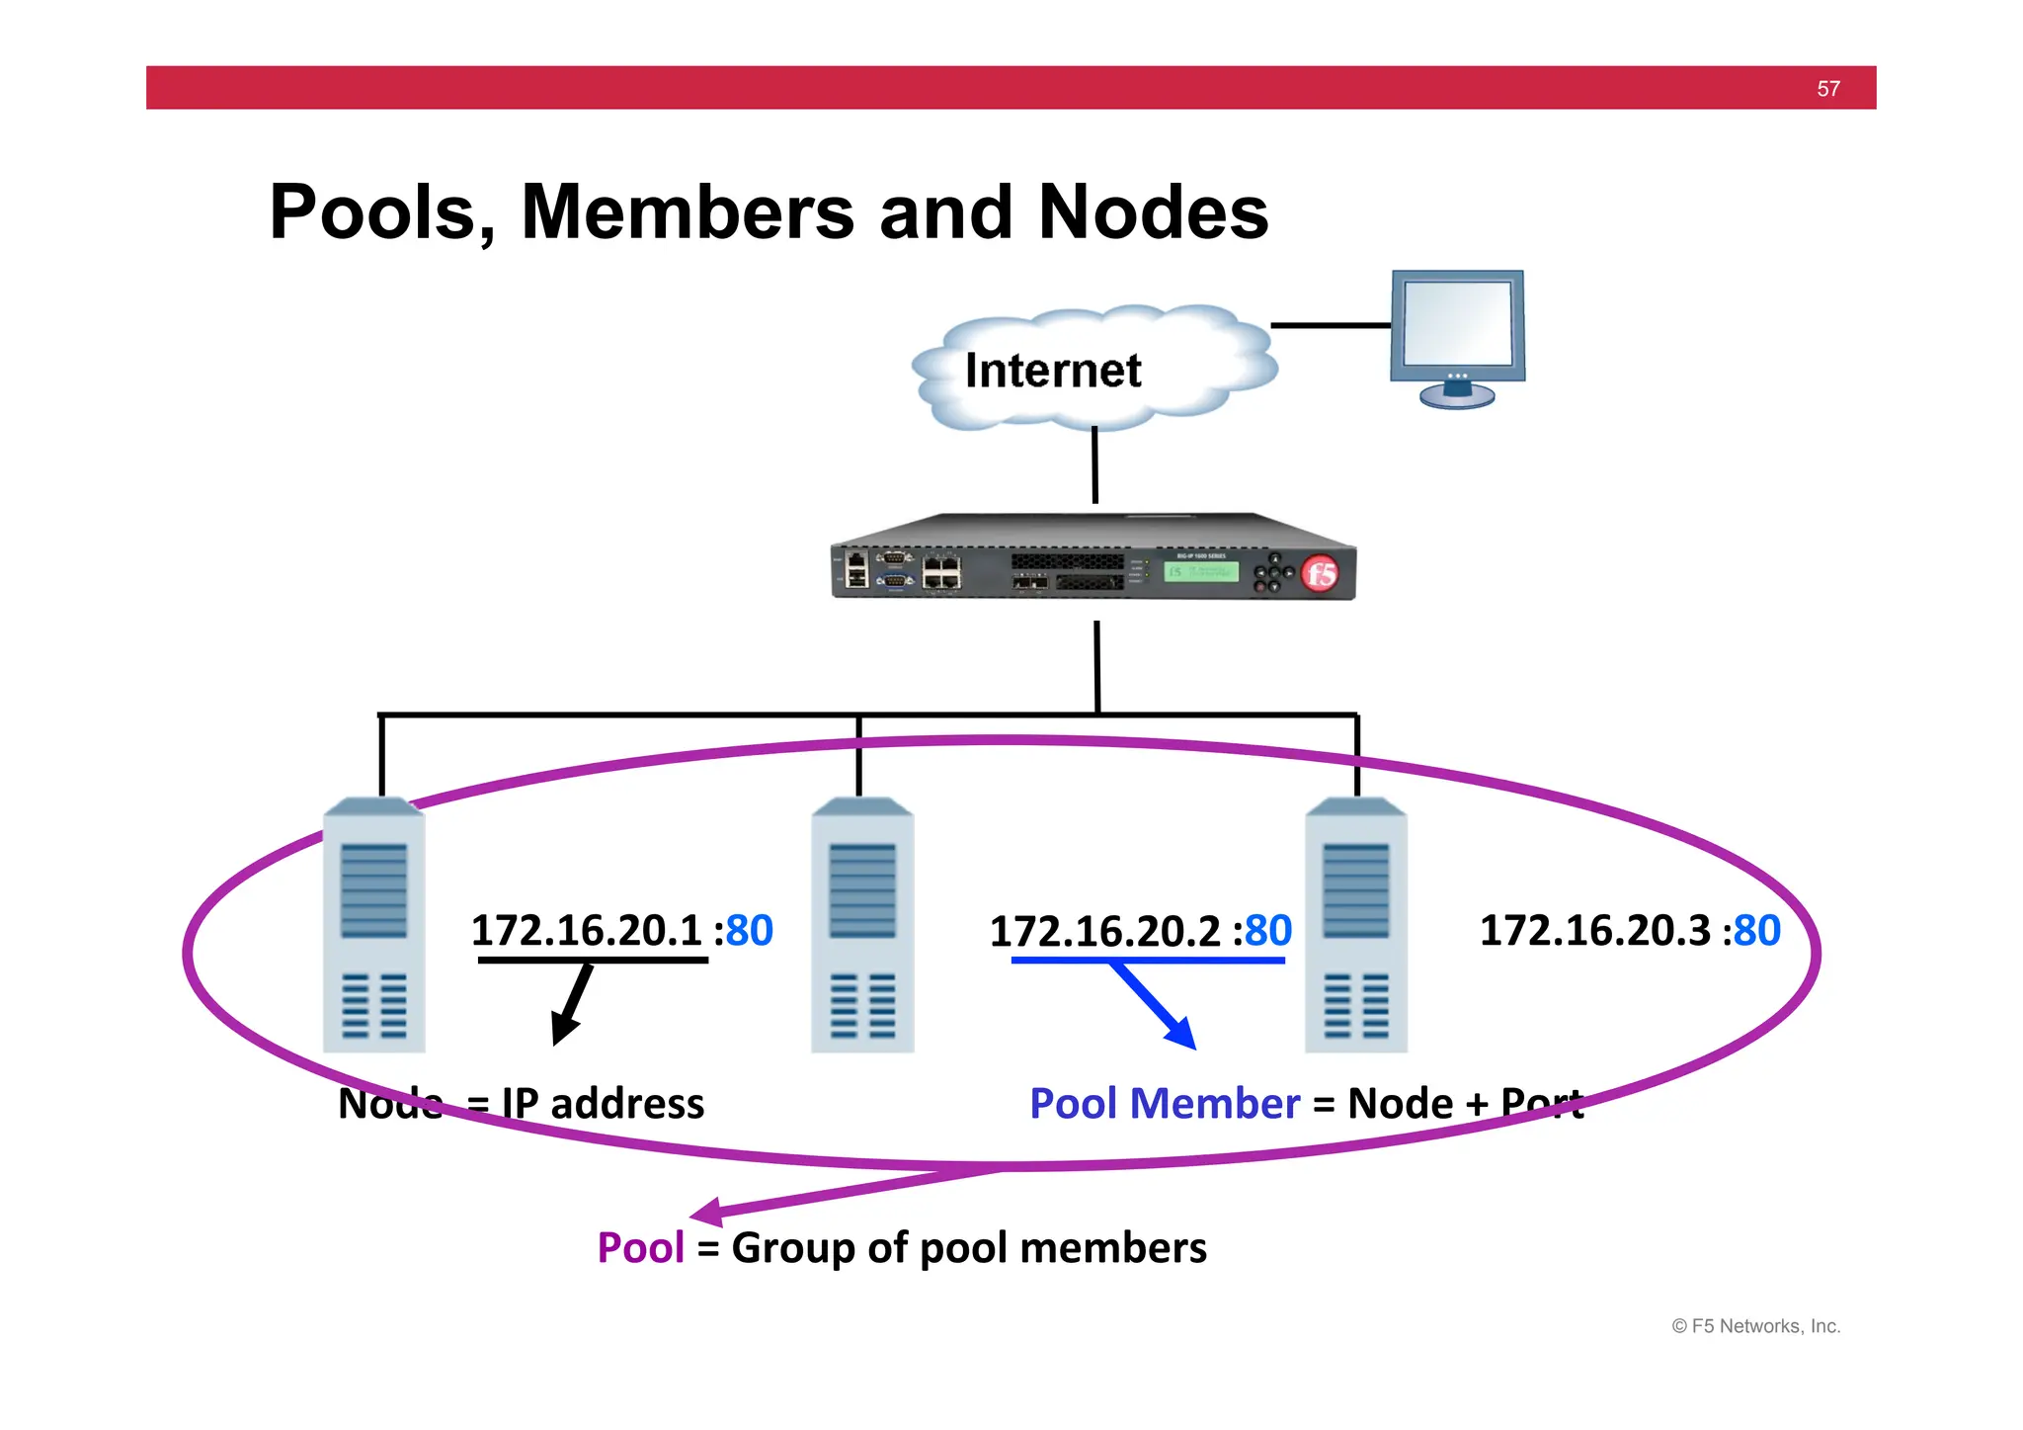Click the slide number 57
click(1827, 89)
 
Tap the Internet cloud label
click(1052, 371)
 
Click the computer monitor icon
click(1457, 336)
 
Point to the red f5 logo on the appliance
click(1320, 574)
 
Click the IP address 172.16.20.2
click(1104, 932)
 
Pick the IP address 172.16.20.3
click(1594, 931)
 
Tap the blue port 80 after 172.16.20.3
click(1757, 931)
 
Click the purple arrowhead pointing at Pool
click(708, 1212)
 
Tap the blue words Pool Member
click(1164, 1104)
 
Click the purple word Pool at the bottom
click(640, 1248)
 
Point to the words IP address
click(603, 1104)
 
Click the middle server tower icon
click(862, 926)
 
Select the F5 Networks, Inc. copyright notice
click(1755, 1326)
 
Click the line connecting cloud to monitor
click(1330, 325)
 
